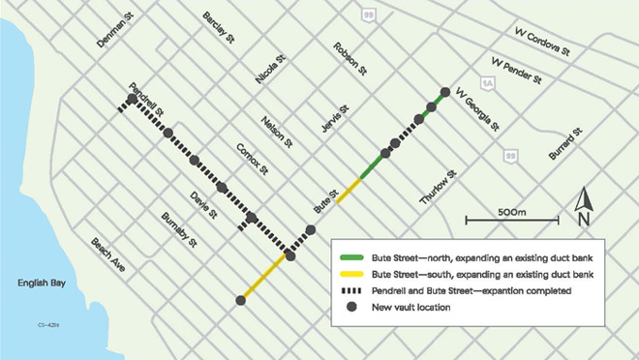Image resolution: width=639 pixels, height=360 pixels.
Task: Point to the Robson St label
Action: [x=350, y=60]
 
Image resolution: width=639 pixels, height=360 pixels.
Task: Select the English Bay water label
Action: [x=42, y=283]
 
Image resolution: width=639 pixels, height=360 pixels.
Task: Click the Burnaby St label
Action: [x=180, y=229]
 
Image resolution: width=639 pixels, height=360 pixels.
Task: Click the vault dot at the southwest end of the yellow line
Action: [x=239, y=301]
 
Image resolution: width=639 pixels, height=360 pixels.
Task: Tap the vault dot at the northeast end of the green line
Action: [x=445, y=93]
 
